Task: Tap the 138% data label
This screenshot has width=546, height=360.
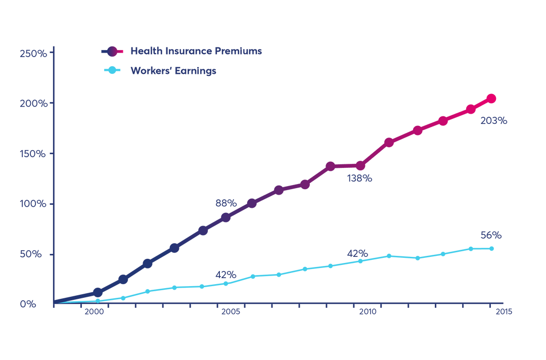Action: pos(359,178)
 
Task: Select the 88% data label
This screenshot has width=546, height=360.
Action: pos(225,203)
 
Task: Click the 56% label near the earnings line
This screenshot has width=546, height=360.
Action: pos(491,235)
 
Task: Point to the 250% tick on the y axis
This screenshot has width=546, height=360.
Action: pos(33,53)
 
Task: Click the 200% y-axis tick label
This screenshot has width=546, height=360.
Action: pos(33,103)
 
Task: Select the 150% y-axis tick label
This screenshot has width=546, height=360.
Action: pos(33,153)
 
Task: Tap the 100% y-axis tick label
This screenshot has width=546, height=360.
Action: pos(33,204)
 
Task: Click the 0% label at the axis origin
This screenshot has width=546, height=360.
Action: pos(28,304)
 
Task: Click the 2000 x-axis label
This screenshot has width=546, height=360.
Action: pos(94,312)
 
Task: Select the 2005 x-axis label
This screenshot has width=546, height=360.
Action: pos(230,312)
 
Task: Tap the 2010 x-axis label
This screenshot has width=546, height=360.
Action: pos(368,312)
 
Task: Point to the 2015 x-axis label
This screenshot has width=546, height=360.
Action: pos(504,312)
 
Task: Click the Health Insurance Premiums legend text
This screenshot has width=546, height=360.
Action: pos(196,51)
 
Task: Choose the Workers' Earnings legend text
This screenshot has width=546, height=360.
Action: pos(173,71)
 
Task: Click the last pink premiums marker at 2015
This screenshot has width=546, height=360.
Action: pos(490,99)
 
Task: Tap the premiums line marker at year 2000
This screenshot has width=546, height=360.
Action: pos(98,292)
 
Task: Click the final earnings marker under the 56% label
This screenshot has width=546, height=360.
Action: pos(490,248)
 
